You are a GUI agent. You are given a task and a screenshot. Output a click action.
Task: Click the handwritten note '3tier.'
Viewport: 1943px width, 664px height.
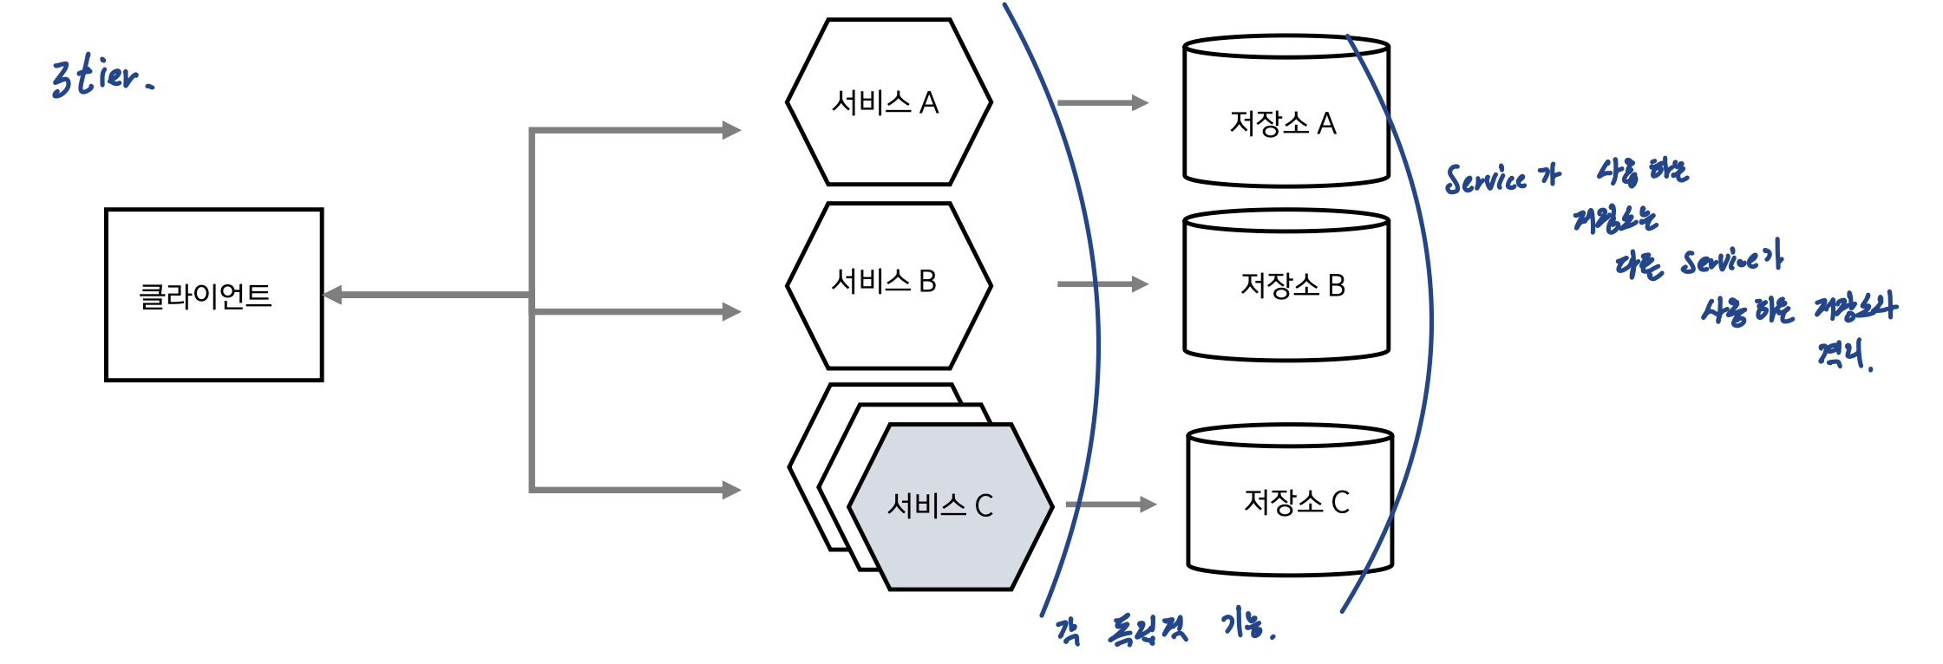click(x=101, y=76)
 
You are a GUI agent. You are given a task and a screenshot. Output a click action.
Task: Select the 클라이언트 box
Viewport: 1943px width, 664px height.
click(x=213, y=295)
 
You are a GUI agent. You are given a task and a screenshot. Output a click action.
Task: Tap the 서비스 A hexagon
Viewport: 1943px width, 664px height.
click(x=888, y=102)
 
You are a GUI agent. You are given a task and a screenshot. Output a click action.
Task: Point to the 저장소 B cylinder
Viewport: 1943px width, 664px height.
click(x=1286, y=286)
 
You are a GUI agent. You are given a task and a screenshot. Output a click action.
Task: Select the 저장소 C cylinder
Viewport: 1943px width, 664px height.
click(x=1289, y=501)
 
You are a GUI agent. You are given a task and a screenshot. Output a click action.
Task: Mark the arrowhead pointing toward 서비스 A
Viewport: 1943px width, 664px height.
click(x=731, y=130)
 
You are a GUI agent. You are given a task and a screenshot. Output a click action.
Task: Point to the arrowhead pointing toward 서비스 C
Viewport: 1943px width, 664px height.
click(x=731, y=490)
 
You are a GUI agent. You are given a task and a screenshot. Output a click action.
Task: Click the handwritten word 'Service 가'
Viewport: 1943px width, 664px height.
click(x=1501, y=178)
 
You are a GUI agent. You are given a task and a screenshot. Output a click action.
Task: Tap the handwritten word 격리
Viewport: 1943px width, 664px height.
click(x=1842, y=354)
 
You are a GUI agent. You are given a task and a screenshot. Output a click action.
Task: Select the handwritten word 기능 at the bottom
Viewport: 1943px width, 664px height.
click(x=1246, y=624)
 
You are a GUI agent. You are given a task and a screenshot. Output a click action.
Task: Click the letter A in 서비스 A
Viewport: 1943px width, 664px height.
click(x=929, y=103)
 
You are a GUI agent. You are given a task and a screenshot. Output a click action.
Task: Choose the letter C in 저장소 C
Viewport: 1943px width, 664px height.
click(x=1340, y=502)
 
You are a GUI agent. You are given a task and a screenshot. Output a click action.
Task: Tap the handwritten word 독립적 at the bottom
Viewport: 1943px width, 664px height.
click(x=1147, y=629)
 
